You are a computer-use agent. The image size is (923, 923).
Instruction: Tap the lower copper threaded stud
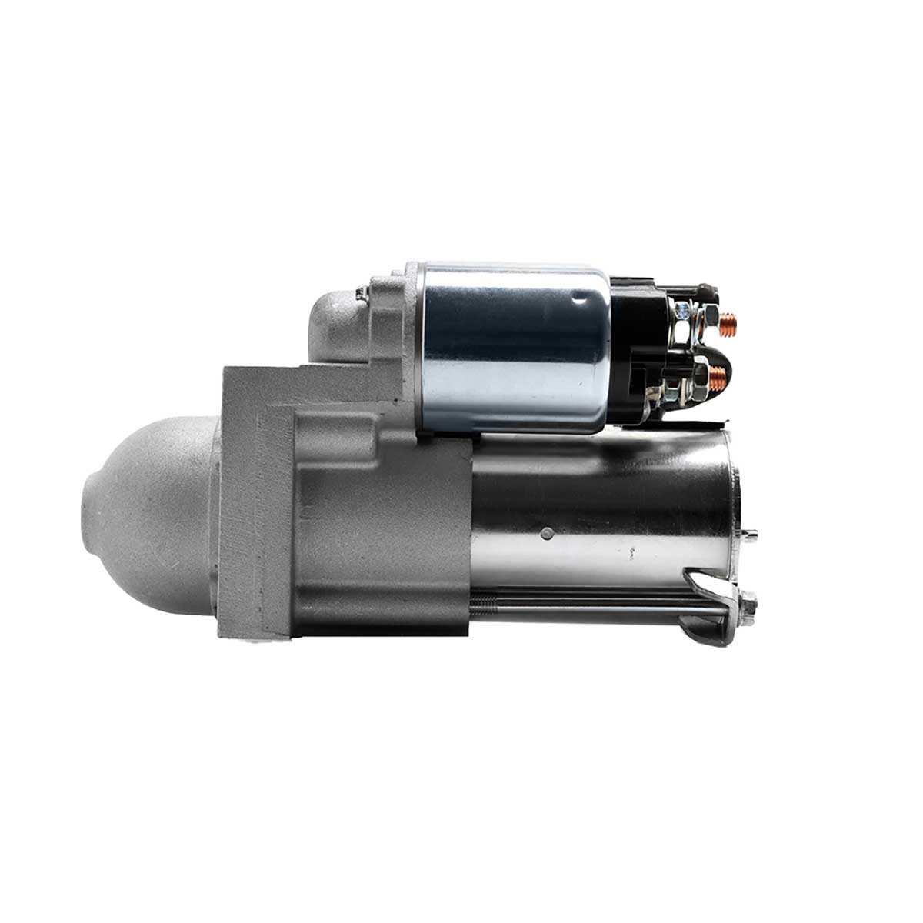point(718,376)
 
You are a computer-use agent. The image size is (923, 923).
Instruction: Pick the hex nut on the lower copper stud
point(698,377)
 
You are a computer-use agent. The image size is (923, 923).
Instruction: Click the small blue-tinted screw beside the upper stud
point(681,312)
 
